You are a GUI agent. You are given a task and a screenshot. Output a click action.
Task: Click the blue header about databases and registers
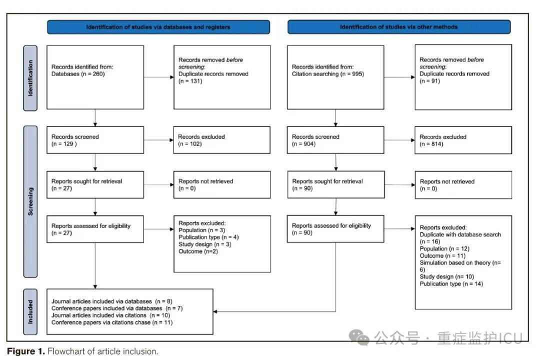(x=158, y=27)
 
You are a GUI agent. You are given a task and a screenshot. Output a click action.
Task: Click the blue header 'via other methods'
(x=399, y=27)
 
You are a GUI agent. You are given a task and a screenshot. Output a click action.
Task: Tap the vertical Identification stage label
(x=30, y=78)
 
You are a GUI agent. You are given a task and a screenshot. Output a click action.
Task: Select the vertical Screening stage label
(x=30, y=201)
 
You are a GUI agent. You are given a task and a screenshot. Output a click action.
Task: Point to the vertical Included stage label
(x=30, y=312)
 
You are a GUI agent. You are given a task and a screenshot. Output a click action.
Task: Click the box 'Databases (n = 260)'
(x=95, y=77)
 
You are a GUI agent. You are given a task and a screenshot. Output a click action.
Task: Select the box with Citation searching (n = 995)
(x=335, y=77)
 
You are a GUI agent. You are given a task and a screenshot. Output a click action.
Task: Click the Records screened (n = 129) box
(x=95, y=140)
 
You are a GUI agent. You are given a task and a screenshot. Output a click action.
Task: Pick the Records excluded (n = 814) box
(x=463, y=140)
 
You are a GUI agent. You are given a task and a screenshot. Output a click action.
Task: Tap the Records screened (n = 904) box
(x=335, y=140)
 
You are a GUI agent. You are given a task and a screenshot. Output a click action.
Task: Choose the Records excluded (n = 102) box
(x=222, y=140)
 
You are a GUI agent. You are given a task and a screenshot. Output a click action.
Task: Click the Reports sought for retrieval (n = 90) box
(x=336, y=184)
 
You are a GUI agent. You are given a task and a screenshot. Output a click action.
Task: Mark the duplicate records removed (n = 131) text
(x=213, y=77)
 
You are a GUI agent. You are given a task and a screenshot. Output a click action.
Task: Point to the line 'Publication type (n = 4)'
(x=208, y=237)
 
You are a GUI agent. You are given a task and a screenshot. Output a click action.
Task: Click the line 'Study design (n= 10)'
(x=446, y=276)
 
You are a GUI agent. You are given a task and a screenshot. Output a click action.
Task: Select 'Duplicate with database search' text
(x=460, y=234)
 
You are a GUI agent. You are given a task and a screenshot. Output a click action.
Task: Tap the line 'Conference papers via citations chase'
(x=101, y=322)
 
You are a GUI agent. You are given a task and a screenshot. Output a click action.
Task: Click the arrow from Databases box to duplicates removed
(x=159, y=77)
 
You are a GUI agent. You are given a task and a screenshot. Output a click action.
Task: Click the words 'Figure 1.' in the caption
(x=26, y=351)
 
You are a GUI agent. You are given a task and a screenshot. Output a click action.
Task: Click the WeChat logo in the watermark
(x=359, y=337)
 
